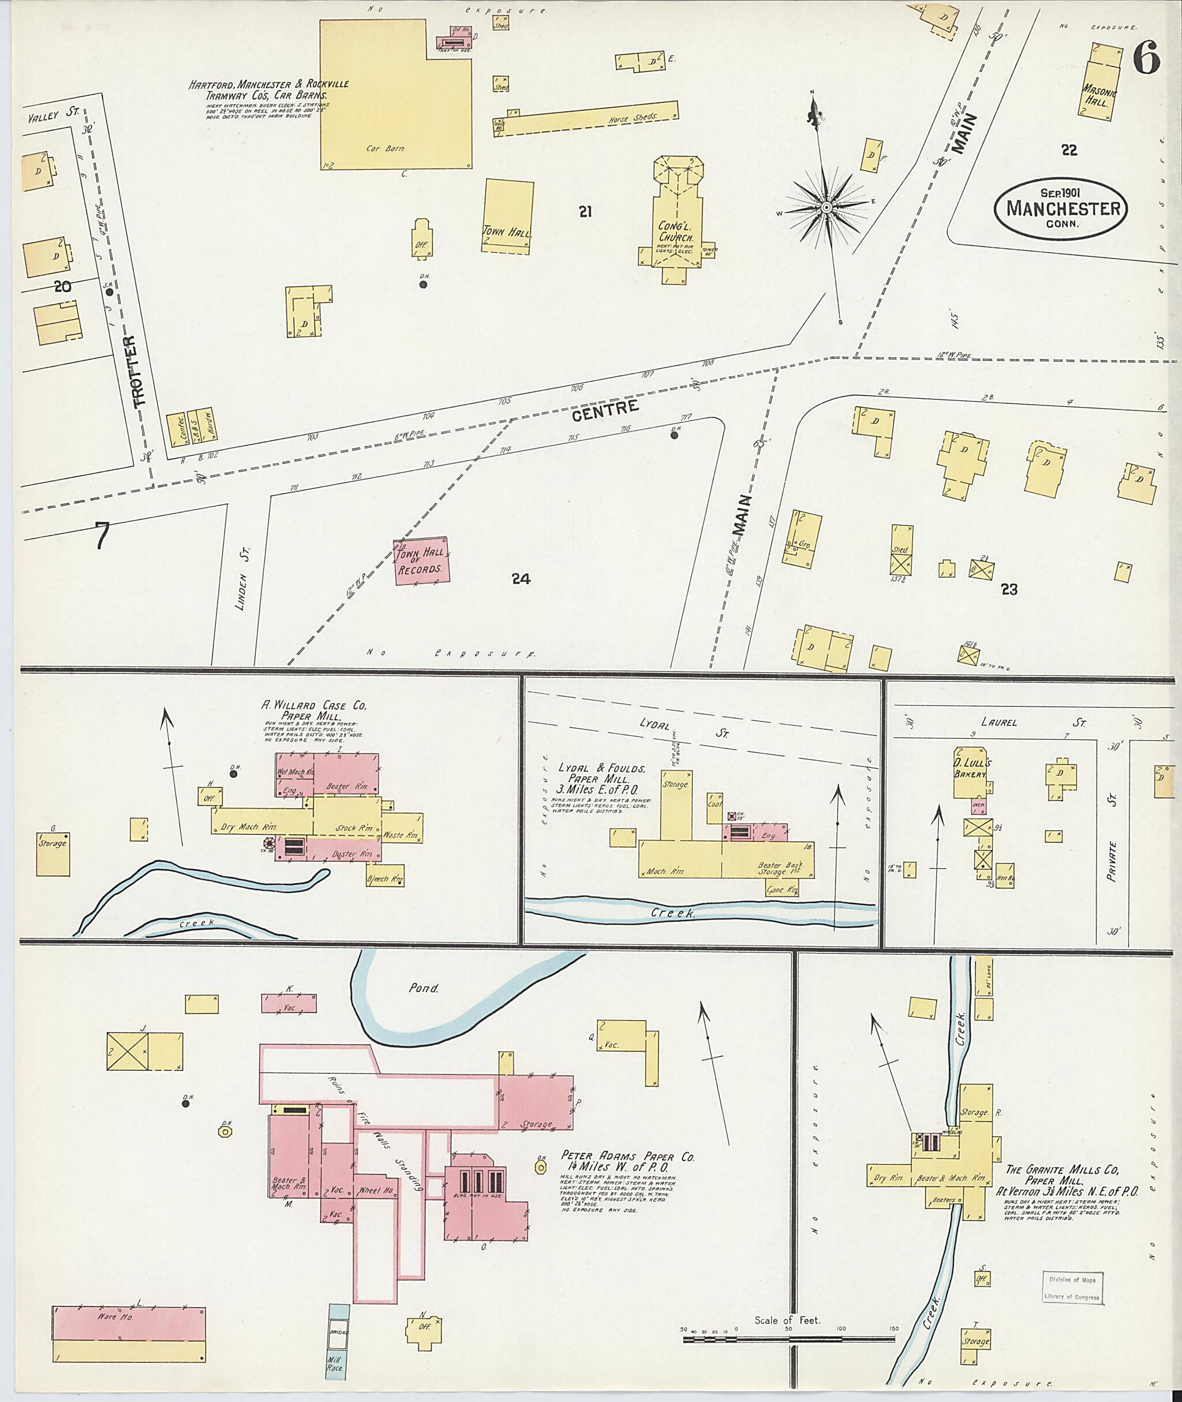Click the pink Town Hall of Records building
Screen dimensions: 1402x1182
(421, 562)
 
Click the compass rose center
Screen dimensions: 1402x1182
(826, 208)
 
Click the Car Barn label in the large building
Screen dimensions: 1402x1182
(386, 148)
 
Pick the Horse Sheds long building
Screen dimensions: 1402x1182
(586, 120)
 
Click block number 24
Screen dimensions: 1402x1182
(521, 579)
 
